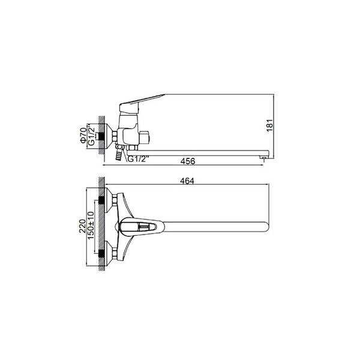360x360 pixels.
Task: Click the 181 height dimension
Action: click(x=270, y=125)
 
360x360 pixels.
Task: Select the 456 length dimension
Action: click(x=188, y=161)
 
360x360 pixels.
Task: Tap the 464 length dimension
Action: click(x=187, y=181)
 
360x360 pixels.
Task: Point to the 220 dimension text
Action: click(x=82, y=226)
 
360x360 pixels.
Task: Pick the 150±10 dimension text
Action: click(x=91, y=225)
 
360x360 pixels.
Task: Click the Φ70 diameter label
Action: click(x=83, y=136)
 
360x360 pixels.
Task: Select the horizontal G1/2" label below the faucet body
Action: click(x=138, y=159)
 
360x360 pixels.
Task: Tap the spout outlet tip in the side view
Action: click(x=263, y=157)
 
